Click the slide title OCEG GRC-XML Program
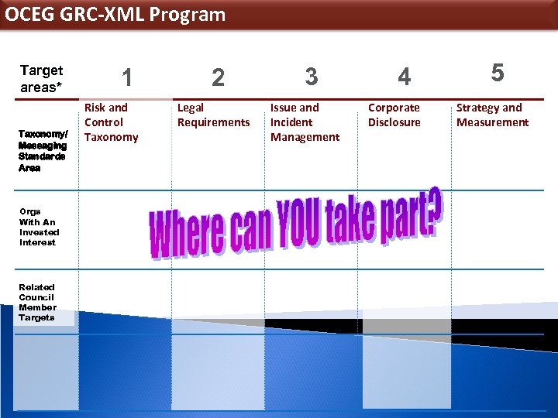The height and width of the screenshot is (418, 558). click(115, 15)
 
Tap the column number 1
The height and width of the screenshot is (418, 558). click(127, 77)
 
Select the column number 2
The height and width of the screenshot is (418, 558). click(218, 77)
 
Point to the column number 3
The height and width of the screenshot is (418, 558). click(311, 77)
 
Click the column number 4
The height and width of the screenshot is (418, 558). click(404, 77)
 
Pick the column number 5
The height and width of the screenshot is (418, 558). click(498, 73)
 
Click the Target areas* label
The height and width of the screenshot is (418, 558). click(41, 79)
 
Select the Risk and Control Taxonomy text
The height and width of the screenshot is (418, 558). click(111, 122)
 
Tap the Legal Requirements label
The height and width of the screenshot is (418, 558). click(213, 115)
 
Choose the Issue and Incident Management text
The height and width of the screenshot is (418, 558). click(305, 122)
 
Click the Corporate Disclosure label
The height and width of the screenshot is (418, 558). click(394, 115)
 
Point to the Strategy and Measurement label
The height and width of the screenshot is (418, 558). click(492, 115)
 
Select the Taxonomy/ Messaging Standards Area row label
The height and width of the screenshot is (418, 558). click(43, 150)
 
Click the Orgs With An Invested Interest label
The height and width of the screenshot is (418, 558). click(39, 227)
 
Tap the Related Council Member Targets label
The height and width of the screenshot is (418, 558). click(37, 303)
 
